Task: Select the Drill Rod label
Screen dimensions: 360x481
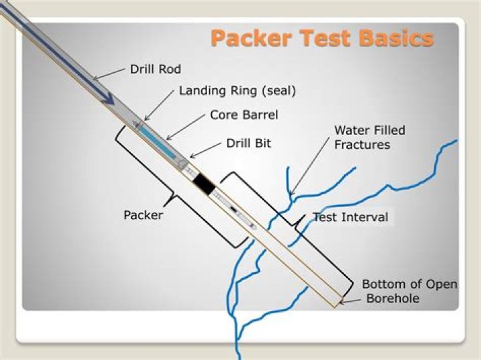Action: [x=156, y=69]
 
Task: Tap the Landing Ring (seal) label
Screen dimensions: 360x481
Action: [x=236, y=91]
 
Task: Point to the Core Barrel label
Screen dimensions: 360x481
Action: [x=244, y=115]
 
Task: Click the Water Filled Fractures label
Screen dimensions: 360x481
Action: [x=369, y=137]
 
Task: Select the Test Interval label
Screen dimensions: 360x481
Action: [x=351, y=217]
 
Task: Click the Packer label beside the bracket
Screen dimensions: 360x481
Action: [x=144, y=215]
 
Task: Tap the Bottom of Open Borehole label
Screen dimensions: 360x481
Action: [x=409, y=291]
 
